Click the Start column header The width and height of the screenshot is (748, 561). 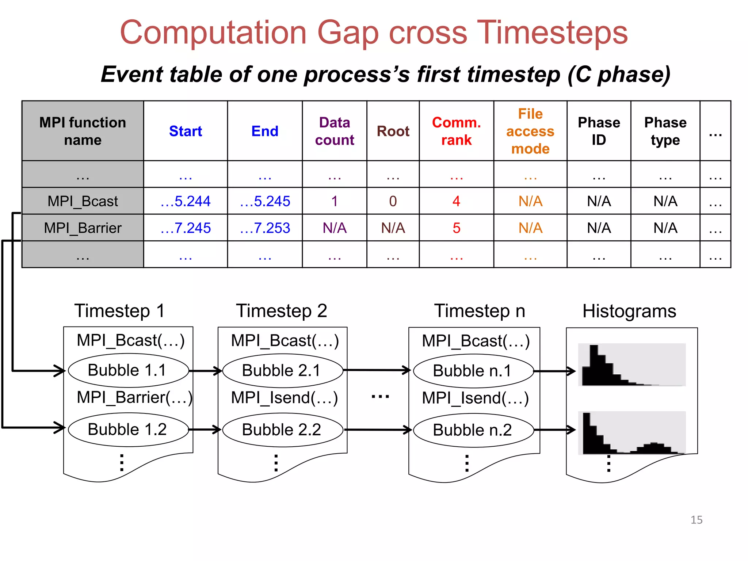click(186, 131)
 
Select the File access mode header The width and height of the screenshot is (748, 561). click(530, 131)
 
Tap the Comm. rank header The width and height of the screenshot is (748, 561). click(456, 131)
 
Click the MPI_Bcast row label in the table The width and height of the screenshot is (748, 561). click(83, 201)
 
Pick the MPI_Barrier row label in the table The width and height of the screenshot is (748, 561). click(83, 228)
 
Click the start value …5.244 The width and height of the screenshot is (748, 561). click(186, 201)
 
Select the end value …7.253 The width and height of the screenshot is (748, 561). click(265, 228)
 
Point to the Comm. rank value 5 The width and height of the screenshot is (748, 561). click(456, 228)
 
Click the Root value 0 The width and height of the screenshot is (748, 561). click(393, 201)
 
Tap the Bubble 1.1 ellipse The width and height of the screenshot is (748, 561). click(128, 370)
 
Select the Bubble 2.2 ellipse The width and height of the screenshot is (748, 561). click(282, 430)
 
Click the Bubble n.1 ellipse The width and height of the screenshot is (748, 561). click(473, 371)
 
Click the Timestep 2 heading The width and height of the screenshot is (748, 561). click(282, 311)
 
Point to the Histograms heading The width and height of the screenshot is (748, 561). click(629, 311)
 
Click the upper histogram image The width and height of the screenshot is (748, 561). click(632, 365)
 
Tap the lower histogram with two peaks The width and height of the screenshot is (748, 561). click(632, 433)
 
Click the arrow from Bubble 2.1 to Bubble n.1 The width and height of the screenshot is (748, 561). click(376, 370)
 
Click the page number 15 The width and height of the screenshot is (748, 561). click(696, 520)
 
